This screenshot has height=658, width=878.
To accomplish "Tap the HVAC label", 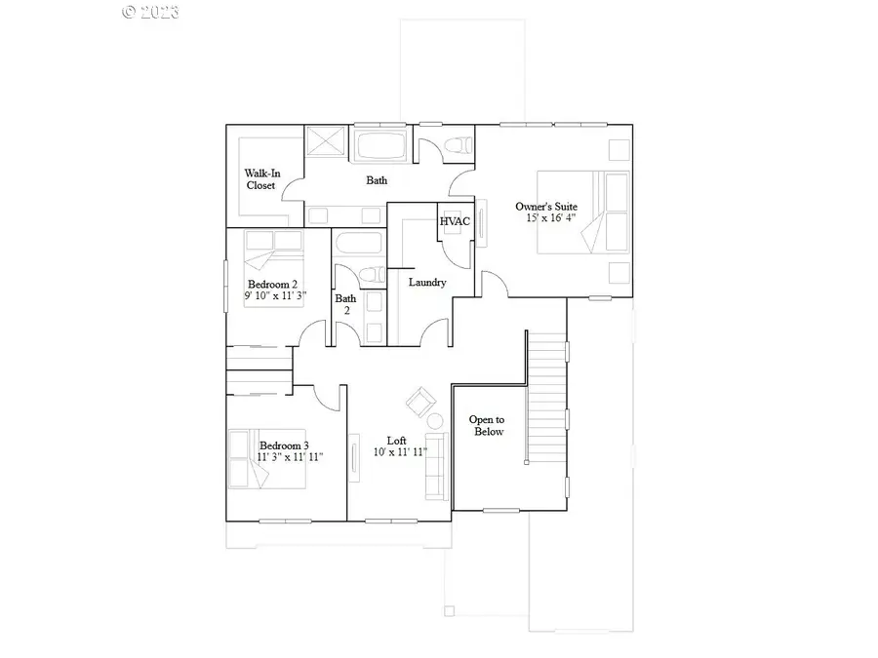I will [x=455, y=221].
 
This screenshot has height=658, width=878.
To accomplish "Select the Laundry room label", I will [x=427, y=283].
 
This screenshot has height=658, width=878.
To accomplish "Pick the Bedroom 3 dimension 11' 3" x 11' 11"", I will [x=290, y=456].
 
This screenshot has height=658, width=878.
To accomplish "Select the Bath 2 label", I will [x=345, y=304].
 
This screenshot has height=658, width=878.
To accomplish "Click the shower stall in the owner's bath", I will [x=325, y=141].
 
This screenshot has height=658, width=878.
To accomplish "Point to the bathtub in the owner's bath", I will [x=379, y=148].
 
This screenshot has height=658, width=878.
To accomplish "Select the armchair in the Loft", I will [x=420, y=400].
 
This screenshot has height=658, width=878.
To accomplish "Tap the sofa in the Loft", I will [x=435, y=464].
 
